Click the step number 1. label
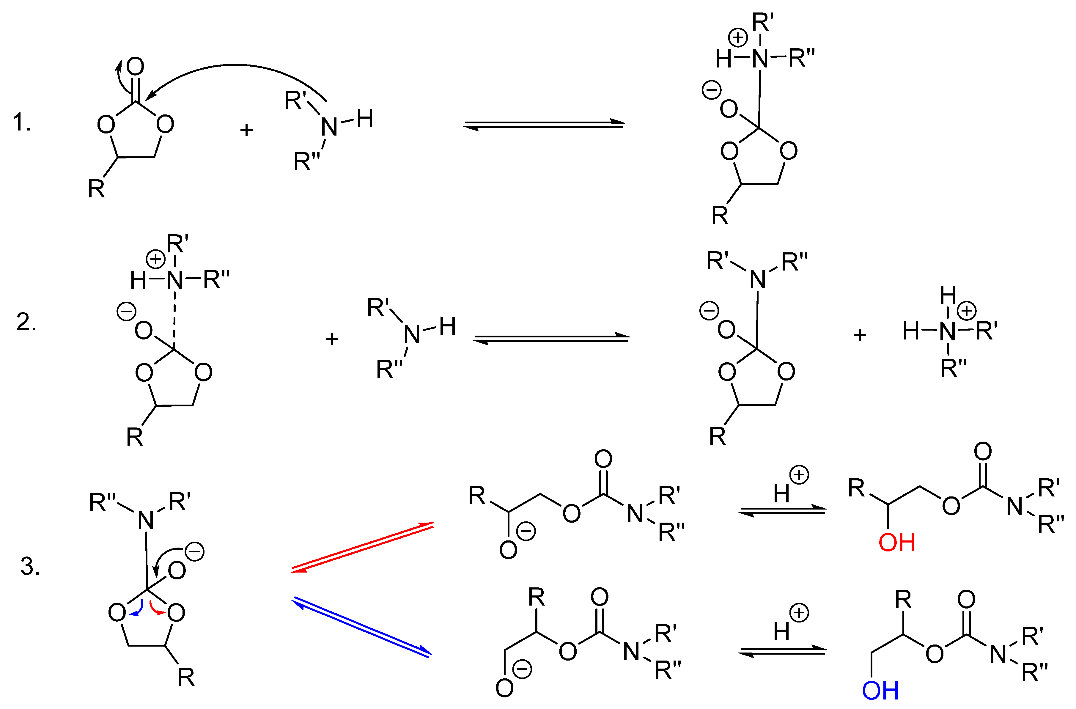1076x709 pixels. pos(21,122)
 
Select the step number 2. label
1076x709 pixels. pos(26,323)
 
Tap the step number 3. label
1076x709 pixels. pos(30,567)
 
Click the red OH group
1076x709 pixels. pos(896,543)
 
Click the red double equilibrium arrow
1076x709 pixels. pos(362,548)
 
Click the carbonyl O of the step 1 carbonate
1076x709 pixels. pos(135,67)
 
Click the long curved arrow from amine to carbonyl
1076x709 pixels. pos(235,67)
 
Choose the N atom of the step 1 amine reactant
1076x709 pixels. pos(329,127)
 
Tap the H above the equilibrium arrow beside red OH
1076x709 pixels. pos(781,494)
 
